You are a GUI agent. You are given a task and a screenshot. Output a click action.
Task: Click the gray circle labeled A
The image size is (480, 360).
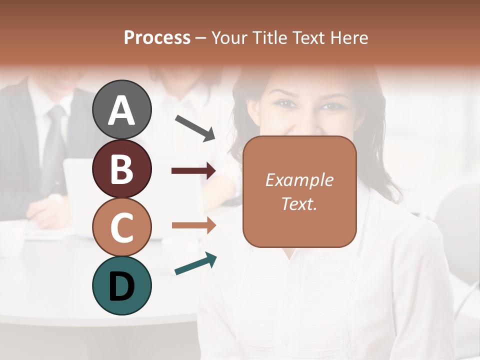point(121,109)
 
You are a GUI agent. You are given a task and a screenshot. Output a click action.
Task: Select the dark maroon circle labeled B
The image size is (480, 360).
point(121,168)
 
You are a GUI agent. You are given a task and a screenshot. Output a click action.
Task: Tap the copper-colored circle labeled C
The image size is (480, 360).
point(121,227)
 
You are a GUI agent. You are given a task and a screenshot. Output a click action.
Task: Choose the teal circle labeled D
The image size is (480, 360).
point(121,285)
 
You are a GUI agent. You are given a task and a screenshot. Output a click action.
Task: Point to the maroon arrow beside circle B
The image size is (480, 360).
point(193,171)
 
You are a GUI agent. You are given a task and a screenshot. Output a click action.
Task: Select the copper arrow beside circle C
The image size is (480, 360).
point(193,225)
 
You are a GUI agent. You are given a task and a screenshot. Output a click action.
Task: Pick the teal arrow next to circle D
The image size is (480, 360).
point(195,264)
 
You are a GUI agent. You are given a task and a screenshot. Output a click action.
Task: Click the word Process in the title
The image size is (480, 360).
point(157,38)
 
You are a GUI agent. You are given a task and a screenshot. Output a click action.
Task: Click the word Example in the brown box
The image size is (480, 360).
point(299,180)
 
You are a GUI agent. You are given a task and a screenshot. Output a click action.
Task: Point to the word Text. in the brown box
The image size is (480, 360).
point(299,203)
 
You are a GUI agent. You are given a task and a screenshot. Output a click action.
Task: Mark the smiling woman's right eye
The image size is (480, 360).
point(283,103)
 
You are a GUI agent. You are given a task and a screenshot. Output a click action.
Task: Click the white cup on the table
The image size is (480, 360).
point(11,237)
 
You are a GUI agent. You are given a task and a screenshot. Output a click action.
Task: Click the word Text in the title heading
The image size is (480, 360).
point(304,38)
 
